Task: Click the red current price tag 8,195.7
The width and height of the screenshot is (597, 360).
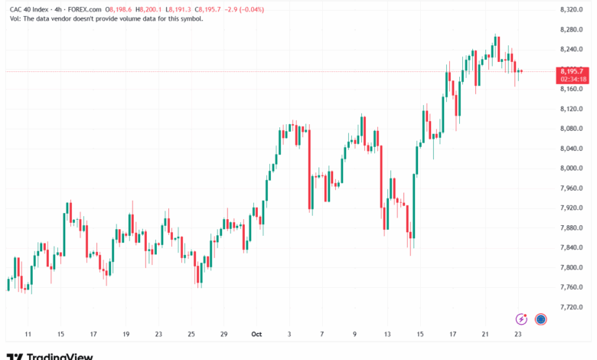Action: pyautogui.click(x=573, y=70)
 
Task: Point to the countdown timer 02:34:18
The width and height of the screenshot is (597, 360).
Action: pyautogui.click(x=573, y=78)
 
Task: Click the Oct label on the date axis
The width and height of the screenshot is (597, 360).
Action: pyautogui.click(x=257, y=334)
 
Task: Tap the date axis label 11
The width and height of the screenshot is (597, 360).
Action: pyautogui.click(x=28, y=334)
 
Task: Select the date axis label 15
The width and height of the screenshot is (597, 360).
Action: pyautogui.click(x=61, y=334)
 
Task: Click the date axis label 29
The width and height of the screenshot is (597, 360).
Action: pyautogui.click(x=224, y=334)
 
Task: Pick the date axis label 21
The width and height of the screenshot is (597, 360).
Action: pyautogui.click(x=485, y=334)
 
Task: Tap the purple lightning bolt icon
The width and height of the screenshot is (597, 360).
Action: pyautogui.click(x=521, y=319)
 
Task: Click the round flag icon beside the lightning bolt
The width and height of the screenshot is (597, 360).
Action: pyautogui.click(x=540, y=319)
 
